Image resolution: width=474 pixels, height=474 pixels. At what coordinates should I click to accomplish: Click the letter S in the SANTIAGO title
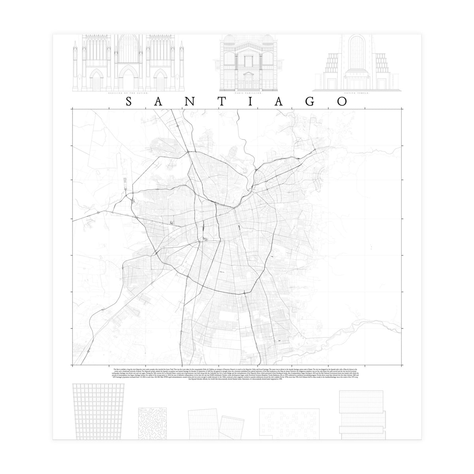point(129,101)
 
